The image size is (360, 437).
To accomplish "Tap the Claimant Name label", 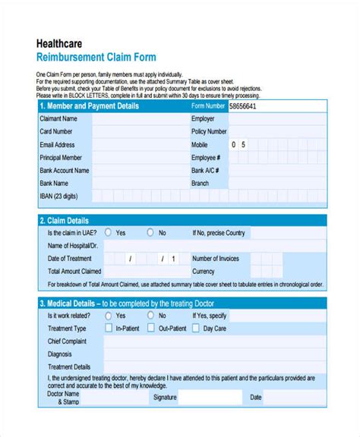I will pyautogui.click(x=58, y=119).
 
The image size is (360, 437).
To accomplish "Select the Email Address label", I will pyautogui.click(x=58, y=145).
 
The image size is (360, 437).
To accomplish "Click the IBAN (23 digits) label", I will pyautogui.click(x=59, y=196).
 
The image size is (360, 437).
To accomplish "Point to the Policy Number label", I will pyautogui.click(x=210, y=132).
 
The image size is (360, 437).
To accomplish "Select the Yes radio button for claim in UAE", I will pyautogui.click(x=108, y=233).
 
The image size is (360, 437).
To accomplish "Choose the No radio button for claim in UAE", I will pyautogui.click(x=150, y=233).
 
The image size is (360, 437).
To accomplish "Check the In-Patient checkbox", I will pyautogui.click(x=109, y=329).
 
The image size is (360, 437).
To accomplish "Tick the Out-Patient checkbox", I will pyautogui.click(x=151, y=329).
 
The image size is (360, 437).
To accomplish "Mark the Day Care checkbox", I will pyautogui.click(x=196, y=329).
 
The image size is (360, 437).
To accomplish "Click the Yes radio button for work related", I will pyautogui.click(x=108, y=315).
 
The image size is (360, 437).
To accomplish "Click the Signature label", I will pyautogui.click(x=165, y=397).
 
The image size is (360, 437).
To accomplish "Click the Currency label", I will pyautogui.click(x=204, y=271).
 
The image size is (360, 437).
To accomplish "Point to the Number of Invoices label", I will pyautogui.click(x=216, y=259).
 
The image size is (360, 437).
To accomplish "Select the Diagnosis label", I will pyautogui.click(x=60, y=354).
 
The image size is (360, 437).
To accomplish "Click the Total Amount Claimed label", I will pyautogui.click(x=74, y=271).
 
